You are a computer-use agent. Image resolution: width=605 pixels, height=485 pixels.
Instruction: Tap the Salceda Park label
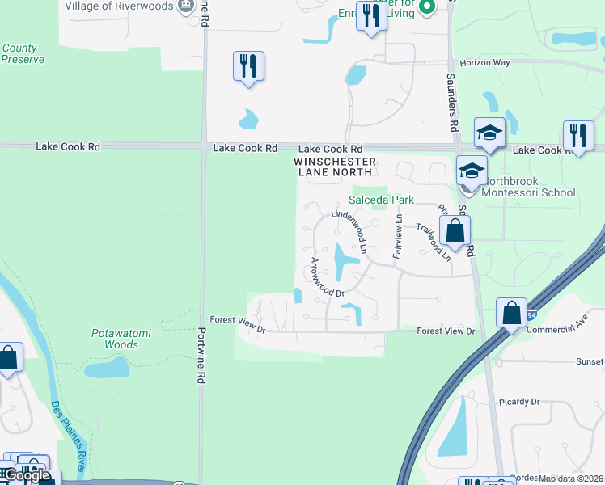pyautogui.click(x=381, y=200)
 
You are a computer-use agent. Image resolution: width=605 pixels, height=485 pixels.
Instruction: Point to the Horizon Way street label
pyautogui.click(x=485, y=62)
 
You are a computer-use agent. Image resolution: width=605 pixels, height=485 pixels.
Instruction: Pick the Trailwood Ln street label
pyautogui.click(x=434, y=242)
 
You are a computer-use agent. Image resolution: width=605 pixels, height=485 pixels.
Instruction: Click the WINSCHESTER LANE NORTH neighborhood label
pyautogui.click(x=335, y=167)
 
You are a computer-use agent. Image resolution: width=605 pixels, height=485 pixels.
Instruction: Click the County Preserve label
pyautogui.click(x=23, y=53)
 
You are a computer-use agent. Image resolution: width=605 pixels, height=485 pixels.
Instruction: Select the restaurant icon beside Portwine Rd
pyautogui.click(x=248, y=66)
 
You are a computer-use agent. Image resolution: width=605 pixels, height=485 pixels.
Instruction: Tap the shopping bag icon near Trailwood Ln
pyautogui.click(x=455, y=230)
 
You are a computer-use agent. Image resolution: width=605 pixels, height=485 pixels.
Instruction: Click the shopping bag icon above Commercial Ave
pyautogui.click(x=512, y=313)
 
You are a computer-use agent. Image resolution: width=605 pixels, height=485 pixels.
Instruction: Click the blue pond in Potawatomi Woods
pyautogui.click(x=106, y=368)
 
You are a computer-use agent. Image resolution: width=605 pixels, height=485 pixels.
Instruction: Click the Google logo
pyautogui.click(x=27, y=475)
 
